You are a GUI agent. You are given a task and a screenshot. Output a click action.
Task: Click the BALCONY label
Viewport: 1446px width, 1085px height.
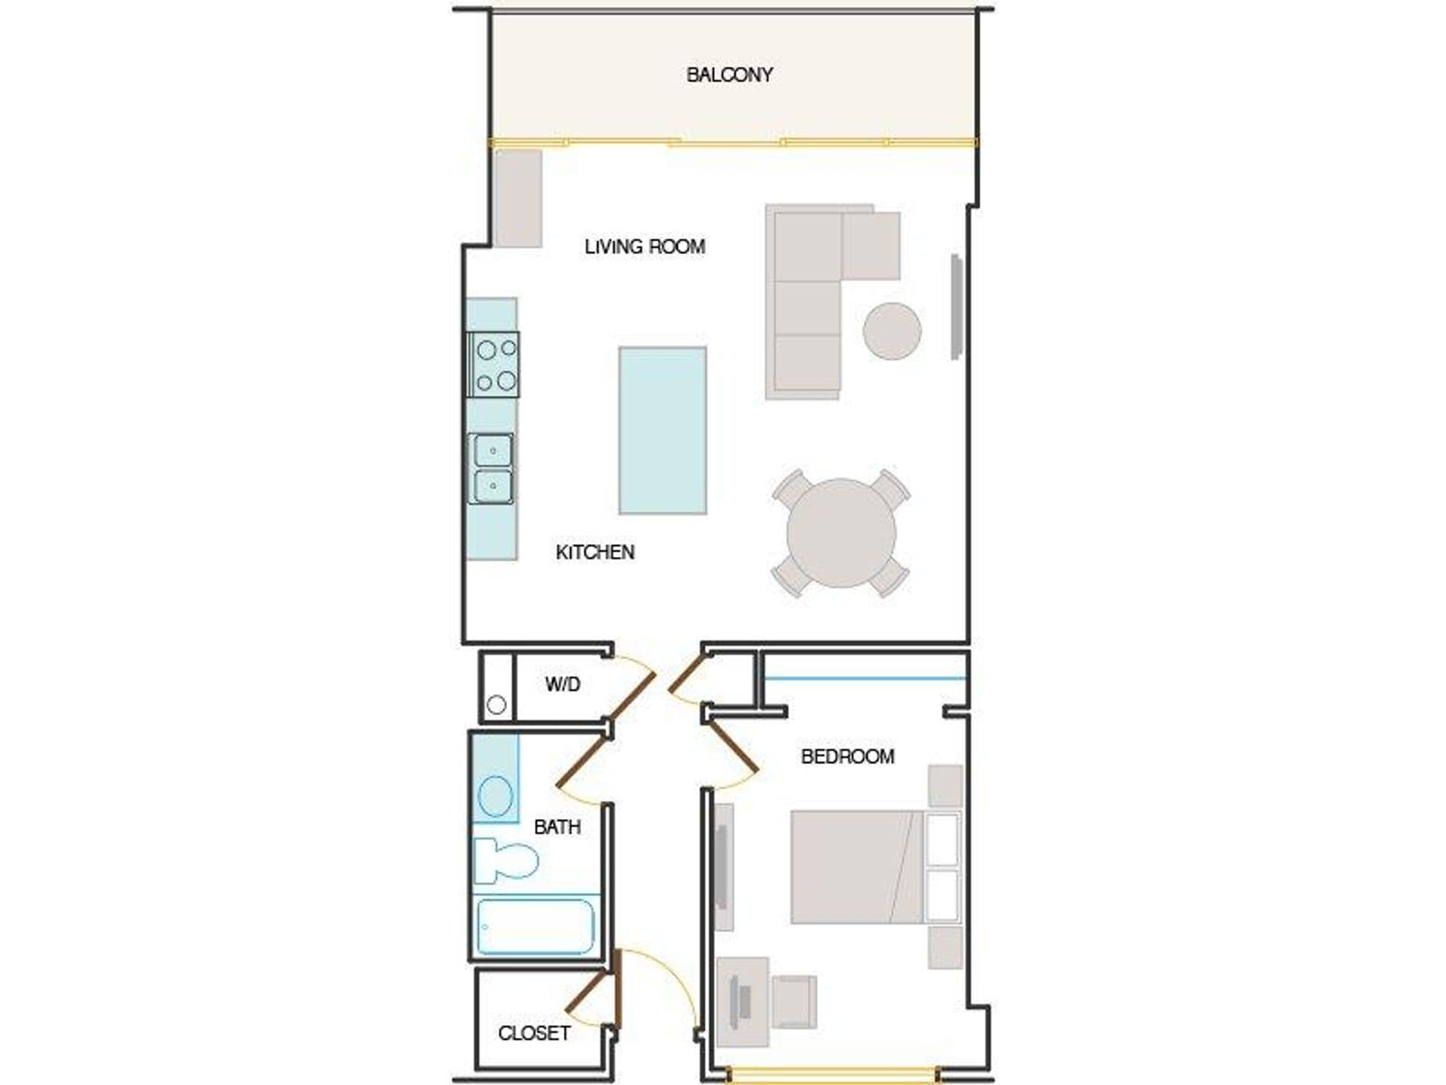729,75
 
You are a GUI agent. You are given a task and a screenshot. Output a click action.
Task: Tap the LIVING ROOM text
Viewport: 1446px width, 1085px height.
645,246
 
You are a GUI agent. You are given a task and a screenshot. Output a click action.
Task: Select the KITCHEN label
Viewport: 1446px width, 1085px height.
595,552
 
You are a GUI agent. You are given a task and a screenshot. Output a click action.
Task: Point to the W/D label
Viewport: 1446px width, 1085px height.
563,684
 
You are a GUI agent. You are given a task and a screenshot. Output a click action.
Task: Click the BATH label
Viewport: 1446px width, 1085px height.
557,827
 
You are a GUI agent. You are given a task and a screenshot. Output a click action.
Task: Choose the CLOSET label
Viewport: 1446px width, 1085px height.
534,1033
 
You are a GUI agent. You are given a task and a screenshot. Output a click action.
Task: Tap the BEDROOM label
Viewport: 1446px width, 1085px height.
847,756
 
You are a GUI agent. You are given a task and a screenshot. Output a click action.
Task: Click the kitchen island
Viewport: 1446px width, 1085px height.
663,430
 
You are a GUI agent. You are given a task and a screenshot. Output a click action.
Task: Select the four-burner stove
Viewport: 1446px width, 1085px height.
494,365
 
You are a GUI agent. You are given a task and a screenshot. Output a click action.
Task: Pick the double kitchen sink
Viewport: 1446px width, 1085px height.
492,468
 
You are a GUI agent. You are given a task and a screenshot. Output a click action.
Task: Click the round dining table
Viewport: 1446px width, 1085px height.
841,533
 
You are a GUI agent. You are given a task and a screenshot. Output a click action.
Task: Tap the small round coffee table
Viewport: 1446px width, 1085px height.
892,331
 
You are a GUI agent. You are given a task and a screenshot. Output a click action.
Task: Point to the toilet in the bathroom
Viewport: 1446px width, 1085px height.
505,860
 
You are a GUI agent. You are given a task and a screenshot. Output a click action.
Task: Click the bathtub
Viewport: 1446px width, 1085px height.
535,926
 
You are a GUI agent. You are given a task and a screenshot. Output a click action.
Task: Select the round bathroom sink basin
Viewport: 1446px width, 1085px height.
496,796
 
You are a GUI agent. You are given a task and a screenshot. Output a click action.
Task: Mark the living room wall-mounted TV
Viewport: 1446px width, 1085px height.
956,307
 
